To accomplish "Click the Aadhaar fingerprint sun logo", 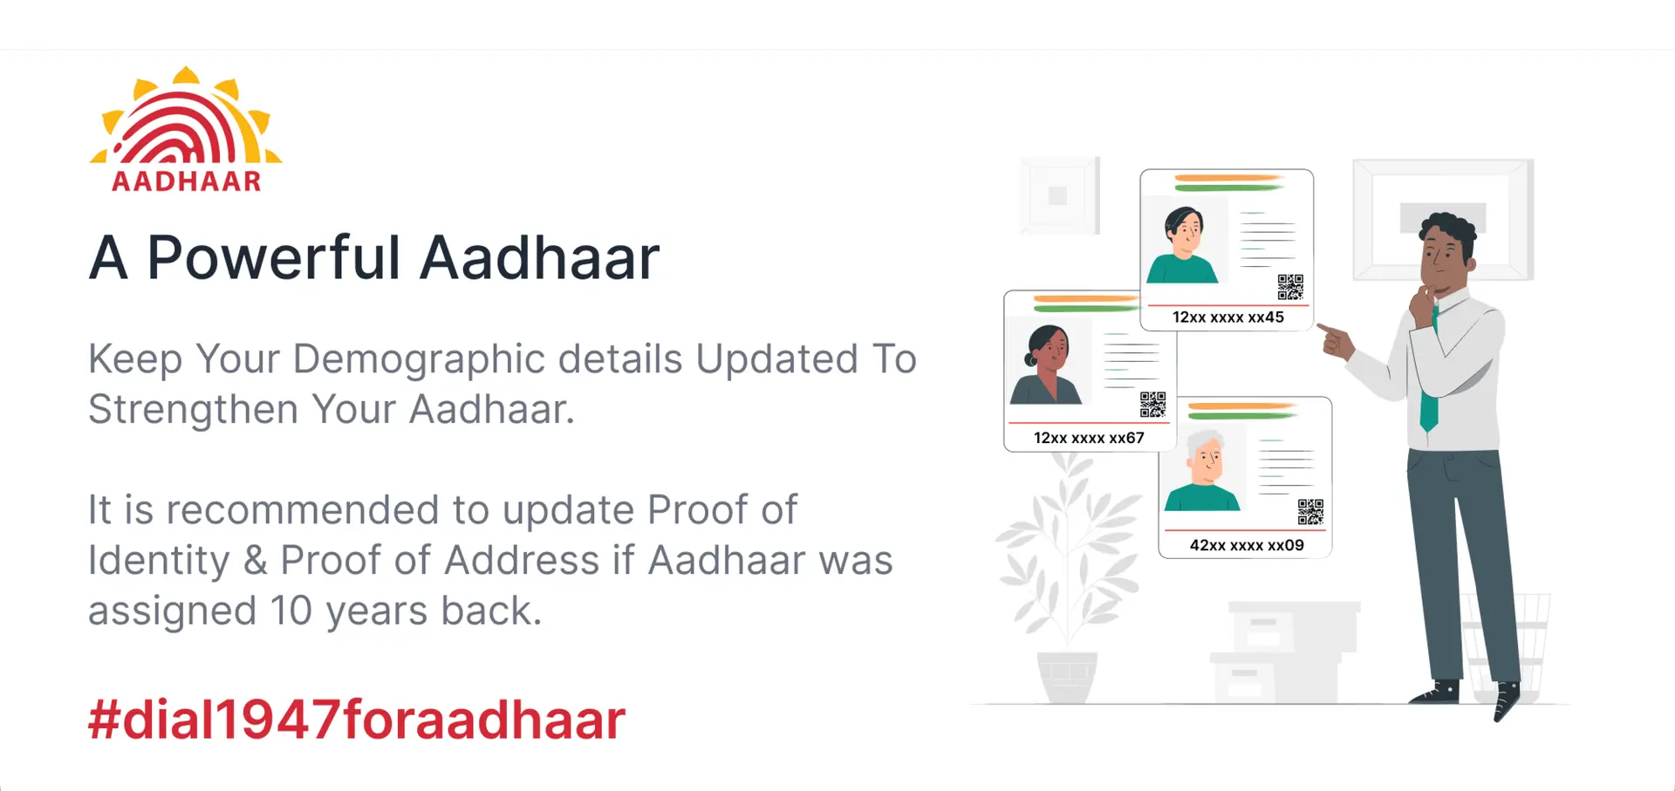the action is (x=186, y=128).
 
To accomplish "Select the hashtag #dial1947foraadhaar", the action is (x=357, y=720).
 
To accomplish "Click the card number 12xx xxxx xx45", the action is (x=1228, y=317).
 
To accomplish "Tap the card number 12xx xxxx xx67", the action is (x=1089, y=438).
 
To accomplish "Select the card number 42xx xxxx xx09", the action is (x=1247, y=545).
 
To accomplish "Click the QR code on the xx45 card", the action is (x=1291, y=287).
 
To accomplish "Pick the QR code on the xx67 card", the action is (x=1152, y=405).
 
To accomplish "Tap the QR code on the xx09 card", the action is (x=1310, y=512).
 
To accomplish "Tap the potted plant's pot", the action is (x=1067, y=677).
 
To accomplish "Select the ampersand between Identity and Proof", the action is (x=255, y=561).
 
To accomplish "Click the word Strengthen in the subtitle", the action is (x=194, y=410).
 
